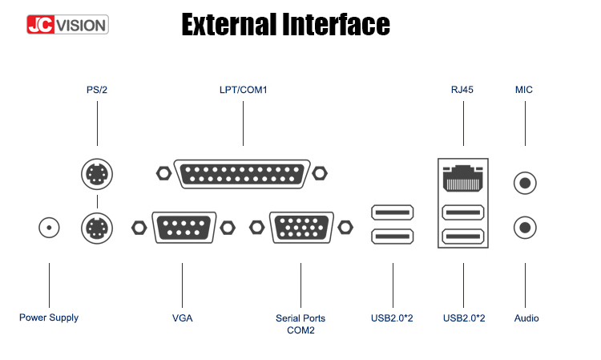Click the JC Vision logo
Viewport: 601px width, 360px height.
pyautogui.click(x=67, y=25)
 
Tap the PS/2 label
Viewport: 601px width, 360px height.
pyautogui.click(x=97, y=90)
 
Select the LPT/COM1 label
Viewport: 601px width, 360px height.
pyautogui.click(x=243, y=90)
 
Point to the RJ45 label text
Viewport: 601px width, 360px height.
pyautogui.click(x=462, y=90)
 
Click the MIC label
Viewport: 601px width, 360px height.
pyautogui.click(x=524, y=90)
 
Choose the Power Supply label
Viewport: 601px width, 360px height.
pyautogui.click(x=49, y=318)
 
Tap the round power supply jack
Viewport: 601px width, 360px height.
pyautogui.click(x=49, y=228)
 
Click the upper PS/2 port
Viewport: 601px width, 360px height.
pyautogui.click(x=97, y=174)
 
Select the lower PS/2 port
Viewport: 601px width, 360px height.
pyautogui.click(x=97, y=229)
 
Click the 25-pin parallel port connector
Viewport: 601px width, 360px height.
pyautogui.click(x=242, y=174)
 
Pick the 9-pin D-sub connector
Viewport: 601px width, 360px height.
pyautogui.click(x=184, y=228)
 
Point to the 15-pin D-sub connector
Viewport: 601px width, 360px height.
pyautogui.click(x=301, y=228)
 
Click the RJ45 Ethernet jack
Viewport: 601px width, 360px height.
pyautogui.click(x=463, y=178)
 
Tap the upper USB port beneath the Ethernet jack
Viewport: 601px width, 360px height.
pyautogui.click(x=463, y=212)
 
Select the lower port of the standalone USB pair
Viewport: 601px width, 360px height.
pyautogui.click(x=393, y=237)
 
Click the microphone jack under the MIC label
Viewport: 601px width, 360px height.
pyautogui.click(x=525, y=184)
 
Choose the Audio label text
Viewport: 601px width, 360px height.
pyautogui.click(x=526, y=318)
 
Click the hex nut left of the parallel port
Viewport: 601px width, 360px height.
pyautogui.click(x=164, y=173)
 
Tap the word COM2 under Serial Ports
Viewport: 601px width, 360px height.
pyautogui.click(x=300, y=330)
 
